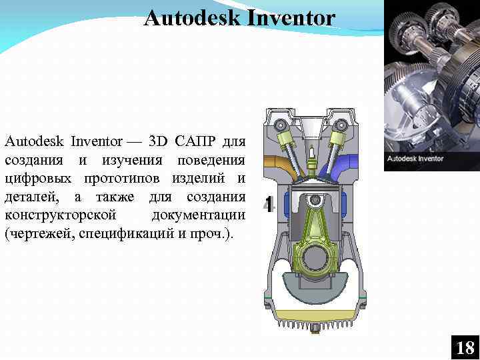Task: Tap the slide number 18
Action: tap(465, 347)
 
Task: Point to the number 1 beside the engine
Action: tap(269, 205)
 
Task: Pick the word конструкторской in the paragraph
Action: tap(61, 217)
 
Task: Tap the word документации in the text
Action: tap(198, 217)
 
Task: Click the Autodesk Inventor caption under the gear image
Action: tap(415, 159)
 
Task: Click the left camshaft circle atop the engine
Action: tap(281, 125)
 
